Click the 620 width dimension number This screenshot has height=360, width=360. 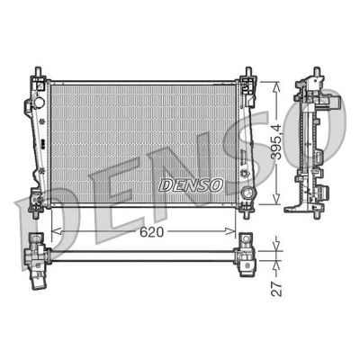click(152, 232)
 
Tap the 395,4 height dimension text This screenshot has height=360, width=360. click(276, 141)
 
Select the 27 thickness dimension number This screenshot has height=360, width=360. click(276, 289)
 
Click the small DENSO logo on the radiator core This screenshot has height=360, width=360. click(191, 185)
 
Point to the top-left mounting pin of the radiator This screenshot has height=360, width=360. click(38, 72)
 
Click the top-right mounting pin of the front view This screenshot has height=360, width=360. click(248, 72)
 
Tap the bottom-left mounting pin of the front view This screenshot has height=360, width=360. click(36, 214)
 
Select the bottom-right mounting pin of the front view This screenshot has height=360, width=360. click(247, 214)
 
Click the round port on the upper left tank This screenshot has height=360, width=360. click(39, 103)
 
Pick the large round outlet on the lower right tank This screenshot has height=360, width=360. click(248, 193)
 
